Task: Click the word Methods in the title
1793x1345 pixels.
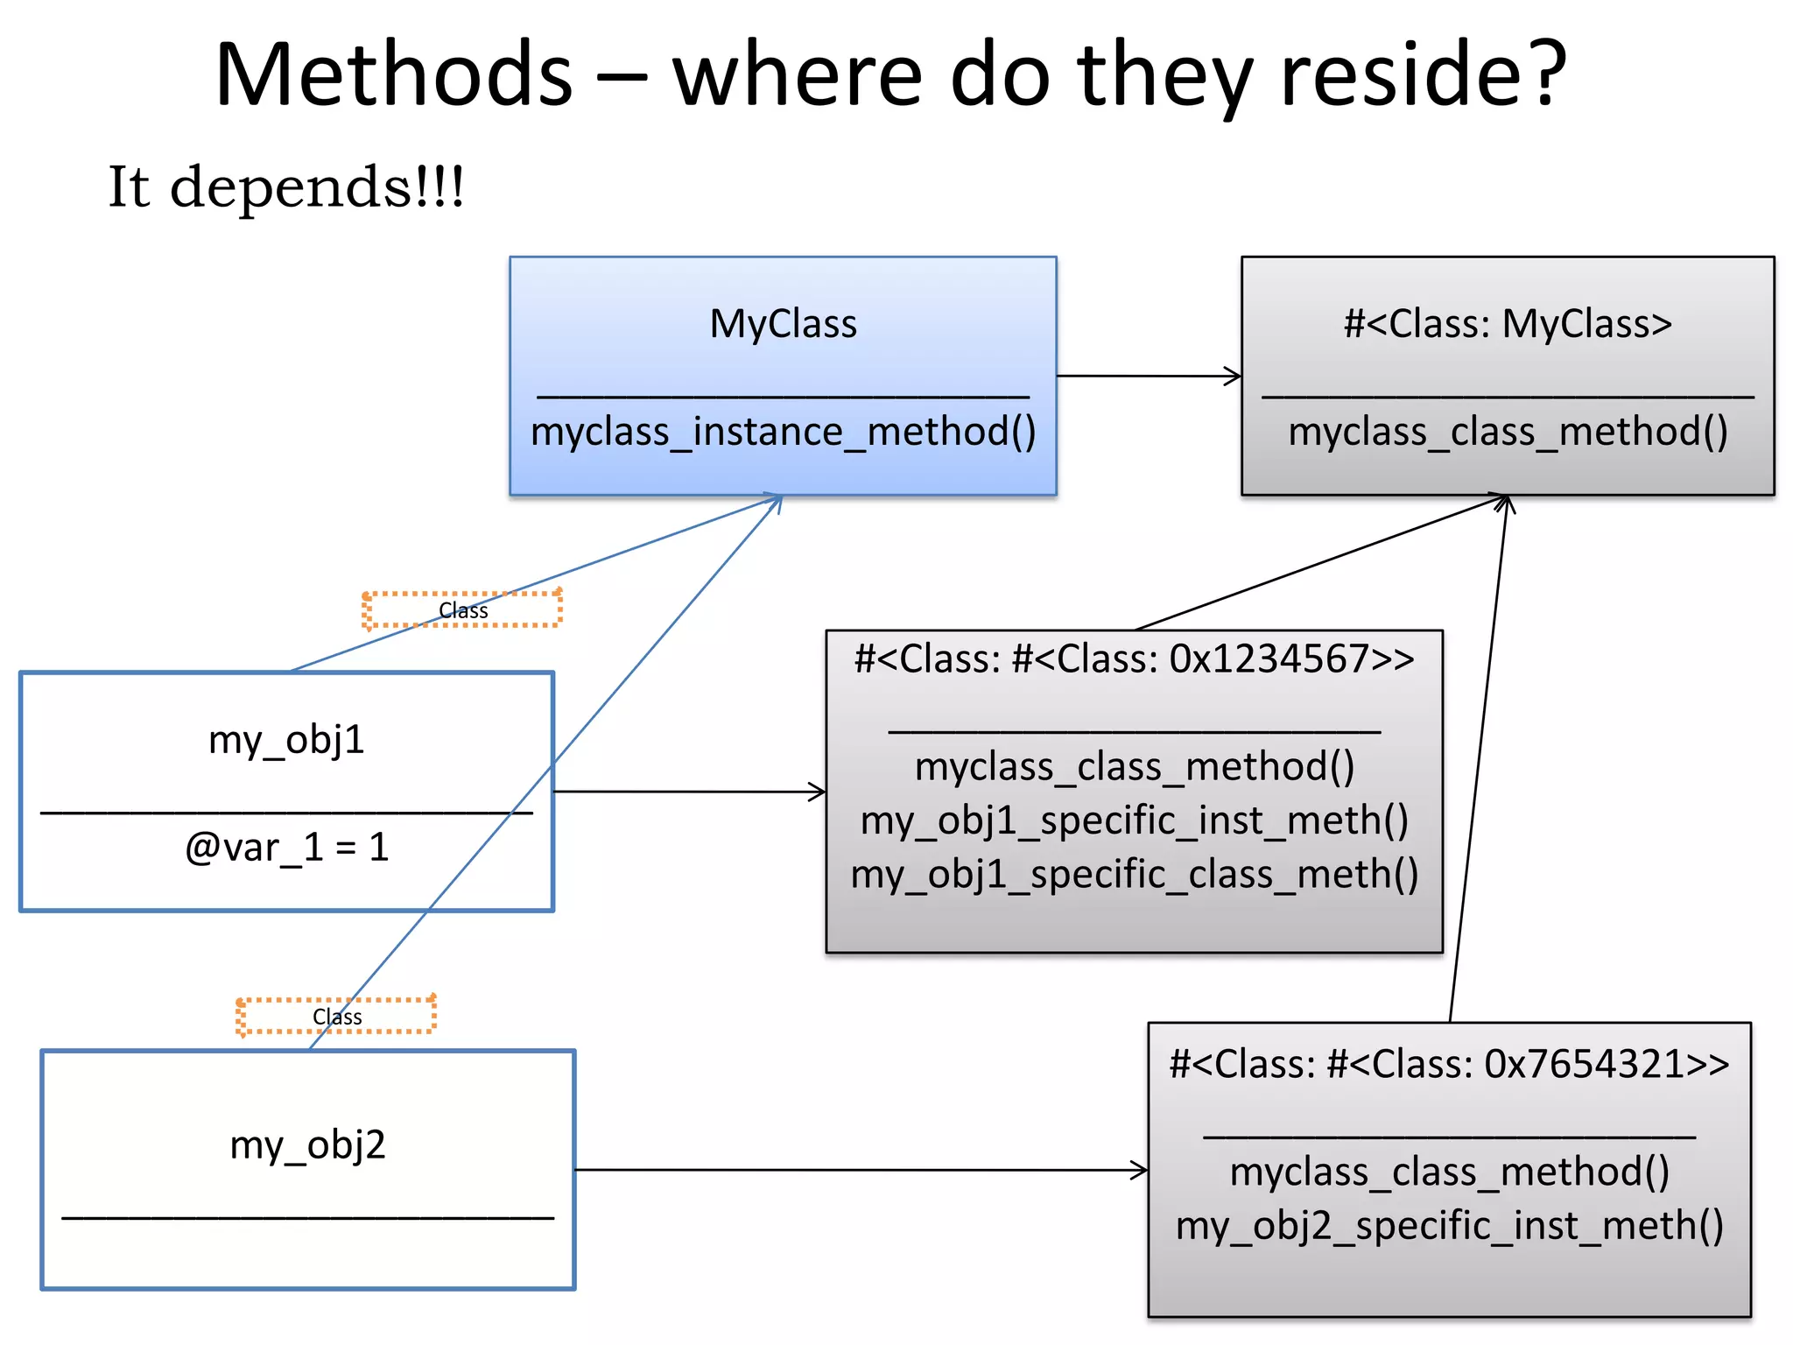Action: [393, 76]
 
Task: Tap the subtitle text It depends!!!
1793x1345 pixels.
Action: [285, 187]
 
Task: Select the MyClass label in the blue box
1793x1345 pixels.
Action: [783, 324]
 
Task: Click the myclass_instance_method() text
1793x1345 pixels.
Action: [783, 433]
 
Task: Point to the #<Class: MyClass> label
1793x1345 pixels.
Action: [1508, 324]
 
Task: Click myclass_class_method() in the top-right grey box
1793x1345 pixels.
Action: [1508, 433]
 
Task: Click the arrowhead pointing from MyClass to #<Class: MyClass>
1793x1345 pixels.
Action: [1234, 377]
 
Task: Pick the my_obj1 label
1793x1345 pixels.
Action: [286, 740]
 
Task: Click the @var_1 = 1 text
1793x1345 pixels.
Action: [286, 848]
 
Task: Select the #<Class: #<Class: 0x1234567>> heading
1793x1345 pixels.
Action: [1134, 658]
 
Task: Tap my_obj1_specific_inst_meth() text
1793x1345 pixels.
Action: [1134, 821]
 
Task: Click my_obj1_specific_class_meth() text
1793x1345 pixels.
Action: [1134, 875]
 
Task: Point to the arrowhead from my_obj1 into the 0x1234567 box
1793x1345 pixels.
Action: [819, 792]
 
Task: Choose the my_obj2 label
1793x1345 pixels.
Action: [307, 1145]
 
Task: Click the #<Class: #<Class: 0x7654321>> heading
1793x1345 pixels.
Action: [1449, 1065]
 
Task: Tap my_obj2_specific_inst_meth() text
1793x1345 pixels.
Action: [1449, 1226]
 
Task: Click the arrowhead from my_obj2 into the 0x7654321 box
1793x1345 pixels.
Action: [1141, 1170]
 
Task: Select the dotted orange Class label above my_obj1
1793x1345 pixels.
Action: [462, 610]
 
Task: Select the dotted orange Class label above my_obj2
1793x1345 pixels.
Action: [336, 1017]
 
